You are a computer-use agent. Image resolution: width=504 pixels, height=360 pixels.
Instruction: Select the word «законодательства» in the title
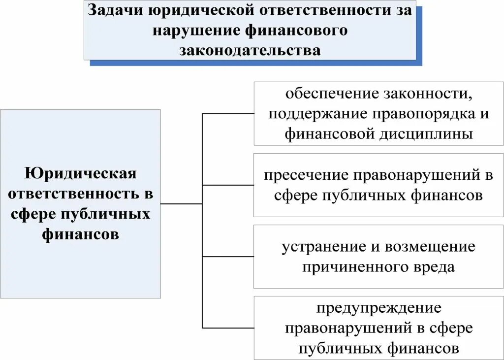(x=250, y=50)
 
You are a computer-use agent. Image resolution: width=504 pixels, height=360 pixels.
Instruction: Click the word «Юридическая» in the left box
(x=80, y=173)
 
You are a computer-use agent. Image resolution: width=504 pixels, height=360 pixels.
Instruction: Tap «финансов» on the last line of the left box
(x=80, y=234)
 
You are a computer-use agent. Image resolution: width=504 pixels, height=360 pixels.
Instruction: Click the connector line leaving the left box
(x=181, y=203)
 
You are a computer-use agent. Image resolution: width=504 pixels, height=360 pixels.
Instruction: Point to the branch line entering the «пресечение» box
(x=228, y=185)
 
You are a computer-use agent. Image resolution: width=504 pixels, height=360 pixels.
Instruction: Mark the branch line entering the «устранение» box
(x=228, y=257)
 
